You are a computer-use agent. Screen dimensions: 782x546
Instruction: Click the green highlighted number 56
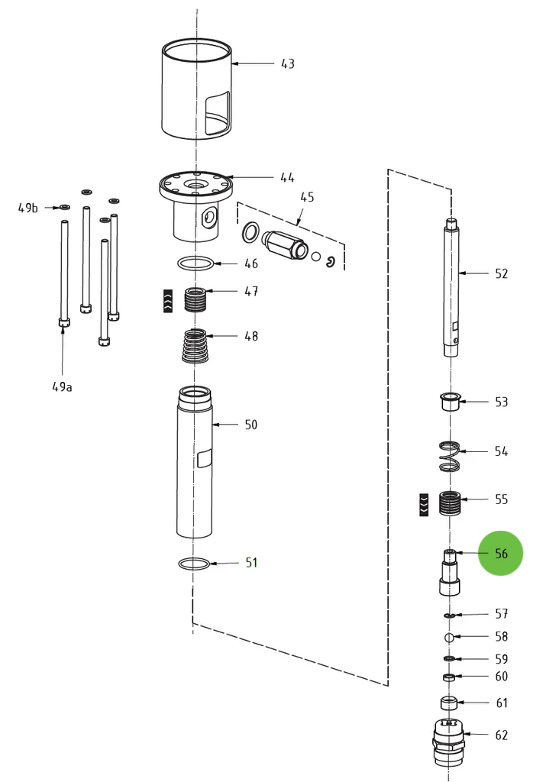point(500,554)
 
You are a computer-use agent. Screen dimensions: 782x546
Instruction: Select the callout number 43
point(287,64)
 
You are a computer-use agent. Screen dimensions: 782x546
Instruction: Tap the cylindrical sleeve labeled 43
point(196,89)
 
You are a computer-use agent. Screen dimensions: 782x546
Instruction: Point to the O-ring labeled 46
point(196,264)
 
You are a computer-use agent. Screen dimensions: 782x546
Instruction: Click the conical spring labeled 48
point(197,347)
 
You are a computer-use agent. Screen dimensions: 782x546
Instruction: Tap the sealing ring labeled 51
point(194,564)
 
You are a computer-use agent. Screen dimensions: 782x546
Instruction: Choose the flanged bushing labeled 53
point(451,402)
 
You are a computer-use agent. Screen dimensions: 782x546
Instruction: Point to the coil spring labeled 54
point(451,456)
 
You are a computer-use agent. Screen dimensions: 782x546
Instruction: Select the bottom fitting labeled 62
point(449,742)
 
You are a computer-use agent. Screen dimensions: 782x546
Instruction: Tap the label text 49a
point(63,387)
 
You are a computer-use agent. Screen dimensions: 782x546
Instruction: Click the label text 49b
point(28,208)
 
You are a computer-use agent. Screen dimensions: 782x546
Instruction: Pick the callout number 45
point(306,197)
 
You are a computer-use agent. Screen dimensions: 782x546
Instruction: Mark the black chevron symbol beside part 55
point(424,505)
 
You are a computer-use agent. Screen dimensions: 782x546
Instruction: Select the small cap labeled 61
point(450,703)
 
